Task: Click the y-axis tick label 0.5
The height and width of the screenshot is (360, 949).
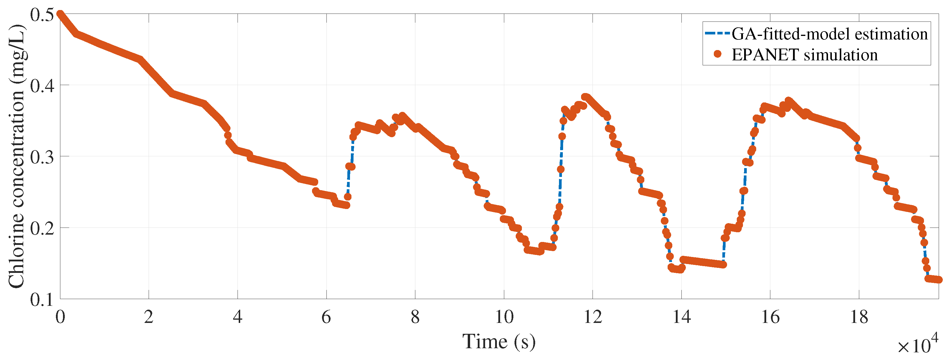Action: point(42,15)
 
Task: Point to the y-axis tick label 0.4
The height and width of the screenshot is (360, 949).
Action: point(42,86)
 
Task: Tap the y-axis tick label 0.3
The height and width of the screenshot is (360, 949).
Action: point(42,157)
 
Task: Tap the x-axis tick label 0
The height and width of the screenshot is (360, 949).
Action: point(60,317)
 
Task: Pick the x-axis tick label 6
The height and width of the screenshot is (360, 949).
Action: point(326,317)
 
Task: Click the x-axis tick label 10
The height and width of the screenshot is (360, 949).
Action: point(504,317)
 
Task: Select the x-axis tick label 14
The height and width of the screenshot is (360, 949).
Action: point(681,317)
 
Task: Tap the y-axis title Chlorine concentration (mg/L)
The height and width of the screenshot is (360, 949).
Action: point(16,157)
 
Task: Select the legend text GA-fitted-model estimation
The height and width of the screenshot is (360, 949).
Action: point(829,34)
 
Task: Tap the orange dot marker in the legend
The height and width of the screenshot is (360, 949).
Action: point(717,54)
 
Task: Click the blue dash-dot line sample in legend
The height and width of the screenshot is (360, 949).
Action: point(717,34)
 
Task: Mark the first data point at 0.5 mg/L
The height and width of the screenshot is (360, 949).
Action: point(60,14)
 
